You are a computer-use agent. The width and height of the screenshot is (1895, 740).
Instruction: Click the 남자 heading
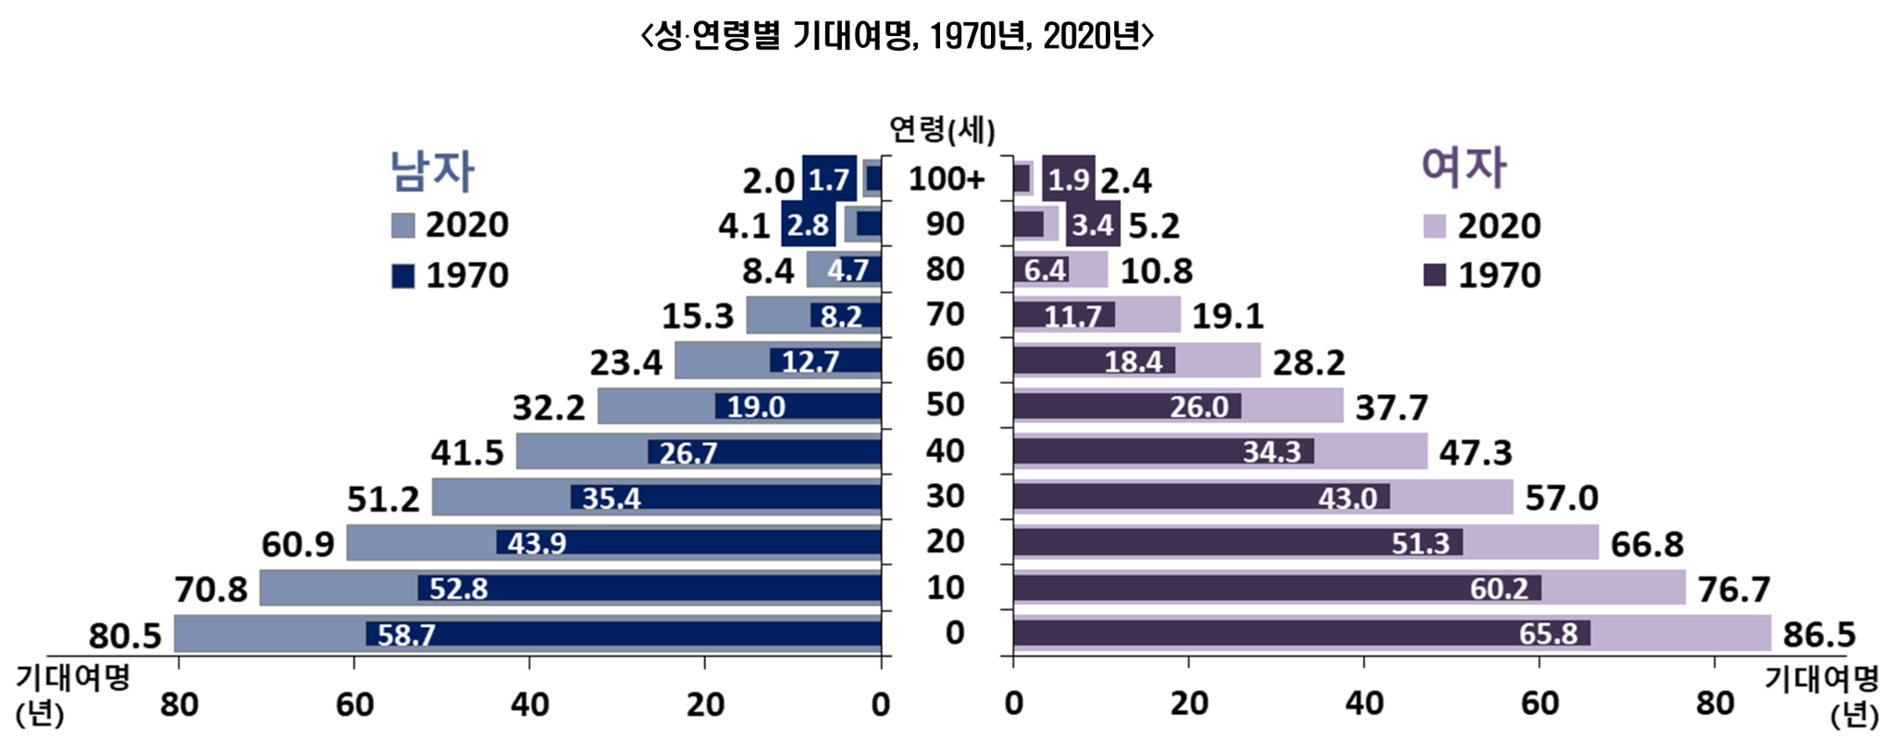(432, 171)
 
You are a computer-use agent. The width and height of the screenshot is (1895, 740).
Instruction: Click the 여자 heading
(1463, 167)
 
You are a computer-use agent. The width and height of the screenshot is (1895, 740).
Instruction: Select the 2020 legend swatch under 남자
(403, 226)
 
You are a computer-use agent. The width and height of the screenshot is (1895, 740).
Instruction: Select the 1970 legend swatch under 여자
(1435, 275)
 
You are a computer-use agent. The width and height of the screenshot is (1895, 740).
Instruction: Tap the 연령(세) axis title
(942, 129)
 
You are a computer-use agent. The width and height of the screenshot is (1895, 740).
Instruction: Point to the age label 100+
(946, 179)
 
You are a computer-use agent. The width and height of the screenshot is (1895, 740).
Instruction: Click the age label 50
(946, 405)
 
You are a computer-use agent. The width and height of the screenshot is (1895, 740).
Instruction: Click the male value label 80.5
(125, 636)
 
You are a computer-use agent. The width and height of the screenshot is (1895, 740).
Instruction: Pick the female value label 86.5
(1819, 635)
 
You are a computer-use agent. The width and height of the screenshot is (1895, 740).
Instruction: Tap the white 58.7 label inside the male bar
(406, 635)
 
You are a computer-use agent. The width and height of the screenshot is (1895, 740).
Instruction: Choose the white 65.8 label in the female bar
(1548, 634)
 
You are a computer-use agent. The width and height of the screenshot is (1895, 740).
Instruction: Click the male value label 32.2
(549, 407)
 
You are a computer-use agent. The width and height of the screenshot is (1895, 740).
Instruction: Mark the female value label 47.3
(1475, 453)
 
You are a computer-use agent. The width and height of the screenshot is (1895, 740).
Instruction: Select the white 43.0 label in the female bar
(1347, 499)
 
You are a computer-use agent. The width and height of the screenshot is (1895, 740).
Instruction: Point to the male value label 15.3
(698, 316)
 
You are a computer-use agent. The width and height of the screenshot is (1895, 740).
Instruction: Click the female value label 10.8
(1157, 271)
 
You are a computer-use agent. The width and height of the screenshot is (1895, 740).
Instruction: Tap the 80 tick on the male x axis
(179, 705)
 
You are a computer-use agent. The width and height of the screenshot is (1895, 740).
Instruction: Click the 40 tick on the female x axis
(1364, 704)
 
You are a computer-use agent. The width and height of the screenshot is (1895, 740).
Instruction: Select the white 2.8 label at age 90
(808, 225)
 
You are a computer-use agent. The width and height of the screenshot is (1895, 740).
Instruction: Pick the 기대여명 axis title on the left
(73, 678)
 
